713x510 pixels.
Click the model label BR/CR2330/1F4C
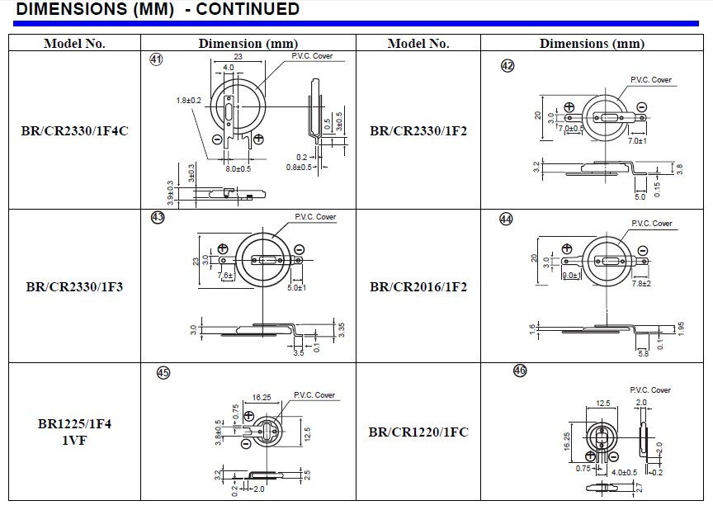pos(74,130)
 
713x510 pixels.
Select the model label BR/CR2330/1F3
pos(74,287)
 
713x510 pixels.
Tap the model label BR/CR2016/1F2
pos(418,287)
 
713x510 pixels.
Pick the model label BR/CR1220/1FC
pos(418,432)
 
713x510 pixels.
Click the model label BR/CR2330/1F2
pos(418,130)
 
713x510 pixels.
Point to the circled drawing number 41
pos(155,59)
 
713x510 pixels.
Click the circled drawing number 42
pos(508,66)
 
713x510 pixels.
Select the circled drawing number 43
pos(158,218)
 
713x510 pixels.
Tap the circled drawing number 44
pos(506,219)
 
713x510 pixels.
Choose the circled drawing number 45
pos(163,373)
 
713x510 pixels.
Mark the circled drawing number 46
pos(520,371)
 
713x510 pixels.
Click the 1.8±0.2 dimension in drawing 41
pos(189,101)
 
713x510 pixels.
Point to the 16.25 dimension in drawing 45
pos(262,397)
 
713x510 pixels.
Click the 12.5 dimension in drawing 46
pos(603,404)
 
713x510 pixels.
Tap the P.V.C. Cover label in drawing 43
pos(315,217)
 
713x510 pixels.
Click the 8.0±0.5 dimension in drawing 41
pos(238,168)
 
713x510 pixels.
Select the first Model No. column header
pos(74,44)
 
